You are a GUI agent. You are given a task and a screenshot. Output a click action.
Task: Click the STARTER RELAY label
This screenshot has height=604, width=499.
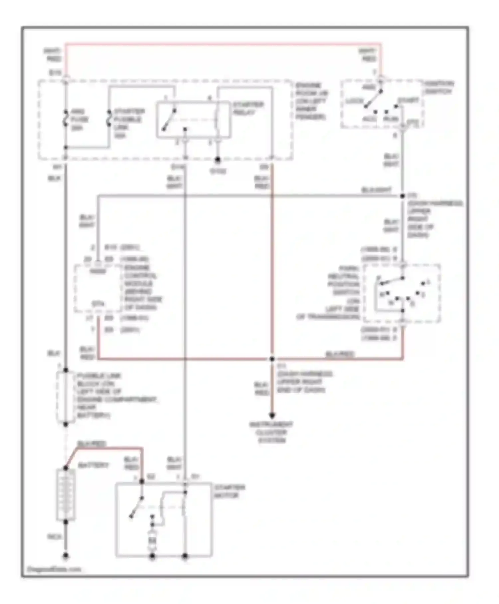[x=248, y=108]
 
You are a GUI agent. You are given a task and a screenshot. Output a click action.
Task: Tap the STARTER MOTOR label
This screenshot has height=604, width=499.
[x=229, y=491]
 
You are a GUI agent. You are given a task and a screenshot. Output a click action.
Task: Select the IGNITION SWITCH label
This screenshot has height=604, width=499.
[x=439, y=87]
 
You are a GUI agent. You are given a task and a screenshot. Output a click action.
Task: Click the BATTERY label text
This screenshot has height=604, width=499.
[x=93, y=465]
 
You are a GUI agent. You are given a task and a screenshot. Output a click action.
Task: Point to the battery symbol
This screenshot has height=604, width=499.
[x=66, y=495]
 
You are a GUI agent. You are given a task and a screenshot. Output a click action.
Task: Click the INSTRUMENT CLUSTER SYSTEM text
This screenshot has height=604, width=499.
[x=271, y=433]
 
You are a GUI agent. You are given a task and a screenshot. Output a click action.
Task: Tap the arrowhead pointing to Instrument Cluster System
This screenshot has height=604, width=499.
[x=272, y=415]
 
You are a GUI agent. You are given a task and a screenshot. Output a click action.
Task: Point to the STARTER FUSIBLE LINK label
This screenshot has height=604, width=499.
[x=128, y=123]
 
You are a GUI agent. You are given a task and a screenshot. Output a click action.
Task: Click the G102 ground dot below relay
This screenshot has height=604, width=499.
[x=218, y=160]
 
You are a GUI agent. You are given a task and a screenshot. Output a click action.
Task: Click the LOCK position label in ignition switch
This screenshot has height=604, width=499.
[x=354, y=101]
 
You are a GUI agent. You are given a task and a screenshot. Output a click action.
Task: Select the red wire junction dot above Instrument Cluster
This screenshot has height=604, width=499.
[x=272, y=359]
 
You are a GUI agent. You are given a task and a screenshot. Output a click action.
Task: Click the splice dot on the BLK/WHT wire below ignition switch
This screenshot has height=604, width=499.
[x=403, y=196]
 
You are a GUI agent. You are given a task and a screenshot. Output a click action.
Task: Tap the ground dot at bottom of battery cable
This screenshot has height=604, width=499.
[x=66, y=556]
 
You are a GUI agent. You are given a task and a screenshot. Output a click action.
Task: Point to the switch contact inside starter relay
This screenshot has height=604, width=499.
[x=169, y=120]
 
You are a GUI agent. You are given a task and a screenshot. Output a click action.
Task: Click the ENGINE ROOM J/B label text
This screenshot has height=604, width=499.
[x=311, y=101]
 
